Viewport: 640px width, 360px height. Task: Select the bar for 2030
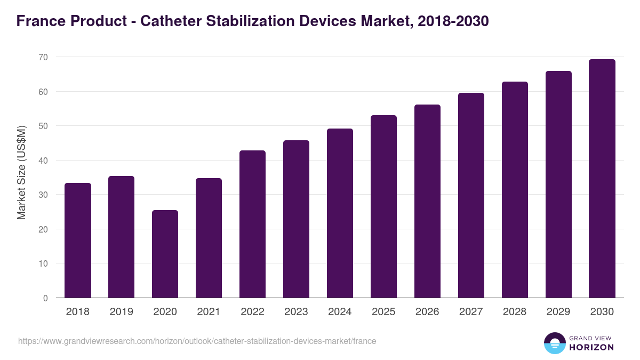click(602, 179)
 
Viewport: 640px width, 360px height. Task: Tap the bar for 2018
click(78, 241)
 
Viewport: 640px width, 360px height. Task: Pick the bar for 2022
click(252, 224)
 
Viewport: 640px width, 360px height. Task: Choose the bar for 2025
click(383, 206)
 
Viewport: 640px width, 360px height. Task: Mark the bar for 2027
click(471, 195)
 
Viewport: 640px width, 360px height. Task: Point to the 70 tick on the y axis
click(43, 57)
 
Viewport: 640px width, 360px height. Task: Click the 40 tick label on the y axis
click(43, 161)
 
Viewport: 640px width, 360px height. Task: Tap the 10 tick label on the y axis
click(43, 263)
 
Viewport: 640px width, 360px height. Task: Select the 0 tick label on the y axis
click(45, 298)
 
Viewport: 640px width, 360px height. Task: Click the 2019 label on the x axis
click(122, 312)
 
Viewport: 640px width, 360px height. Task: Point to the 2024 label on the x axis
click(340, 312)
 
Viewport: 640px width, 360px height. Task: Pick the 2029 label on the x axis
click(558, 312)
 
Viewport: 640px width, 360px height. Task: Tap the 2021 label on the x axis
click(209, 312)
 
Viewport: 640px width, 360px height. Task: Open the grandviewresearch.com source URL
click(197, 341)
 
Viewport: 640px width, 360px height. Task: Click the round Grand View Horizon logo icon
click(554, 343)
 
